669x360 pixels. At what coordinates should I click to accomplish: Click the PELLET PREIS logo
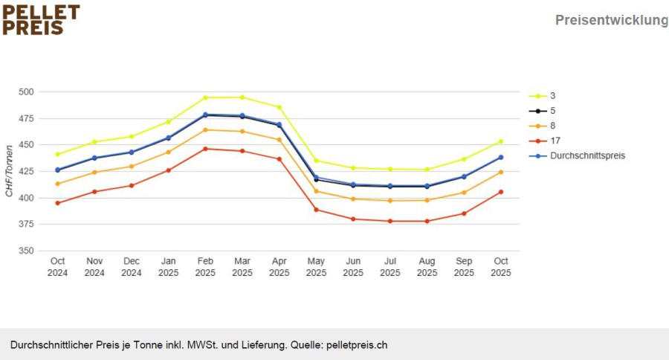click(x=41, y=19)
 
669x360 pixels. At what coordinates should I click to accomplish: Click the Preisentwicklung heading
click(x=612, y=20)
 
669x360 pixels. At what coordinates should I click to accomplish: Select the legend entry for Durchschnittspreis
click(x=577, y=156)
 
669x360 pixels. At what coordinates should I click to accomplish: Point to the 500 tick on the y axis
click(x=26, y=91)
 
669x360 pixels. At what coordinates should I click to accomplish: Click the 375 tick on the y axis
click(x=26, y=224)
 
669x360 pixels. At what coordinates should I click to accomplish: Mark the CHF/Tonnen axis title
click(x=9, y=171)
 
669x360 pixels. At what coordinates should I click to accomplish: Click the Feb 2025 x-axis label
click(x=205, y=266)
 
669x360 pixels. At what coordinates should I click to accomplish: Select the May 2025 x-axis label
click(x=316, y=266)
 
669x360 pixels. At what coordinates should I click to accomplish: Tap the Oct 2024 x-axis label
click(x=57, y=266)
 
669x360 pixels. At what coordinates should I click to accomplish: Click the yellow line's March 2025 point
click(x=242, y=97)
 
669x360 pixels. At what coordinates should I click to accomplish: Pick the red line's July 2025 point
click(x=390, y=221)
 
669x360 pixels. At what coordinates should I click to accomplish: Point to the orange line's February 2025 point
click(x=205, y=130)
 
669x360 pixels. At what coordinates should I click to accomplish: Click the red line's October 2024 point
click(x=57, y=203)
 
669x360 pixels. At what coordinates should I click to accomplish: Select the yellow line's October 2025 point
click(x=501, y=141)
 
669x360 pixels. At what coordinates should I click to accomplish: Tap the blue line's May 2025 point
click(x=316, y=177)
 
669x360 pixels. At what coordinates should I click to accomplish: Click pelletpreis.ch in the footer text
click(x=357, y=345)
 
